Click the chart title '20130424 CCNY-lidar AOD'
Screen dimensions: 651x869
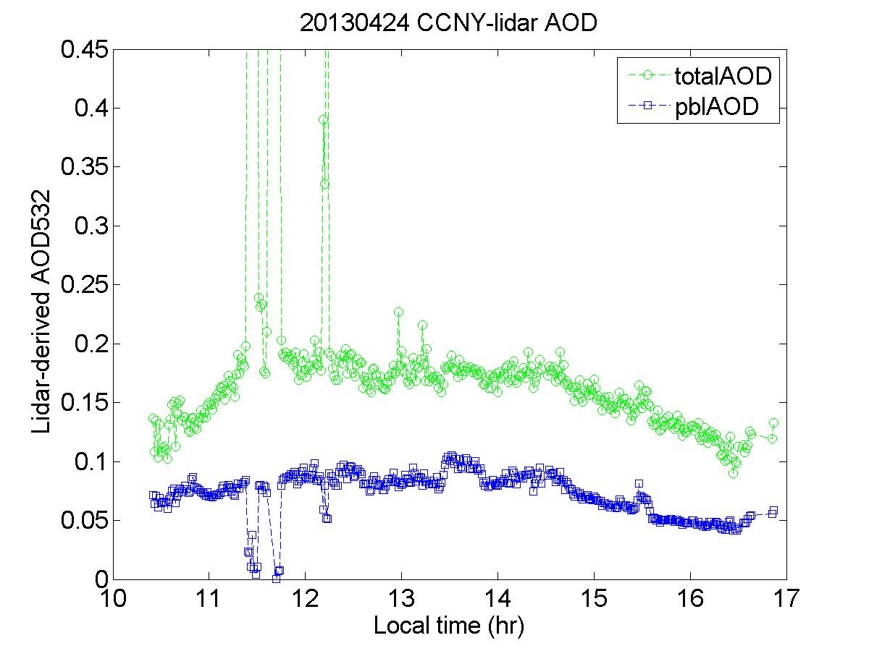pyautogui.click(x=448, y=23)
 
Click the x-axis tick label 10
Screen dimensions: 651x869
pyautogui.click(x=114, y=600)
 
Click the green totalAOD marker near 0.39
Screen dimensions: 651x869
pyautogui.click(x=324, y=120)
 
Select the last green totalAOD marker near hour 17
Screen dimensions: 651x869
pyautogui.click(x=773, y=422)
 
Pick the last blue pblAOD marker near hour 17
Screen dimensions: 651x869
pyautogui.click(x=773, y=511)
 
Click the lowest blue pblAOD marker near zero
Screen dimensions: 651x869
pyautogui.click(x=276, y=578)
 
